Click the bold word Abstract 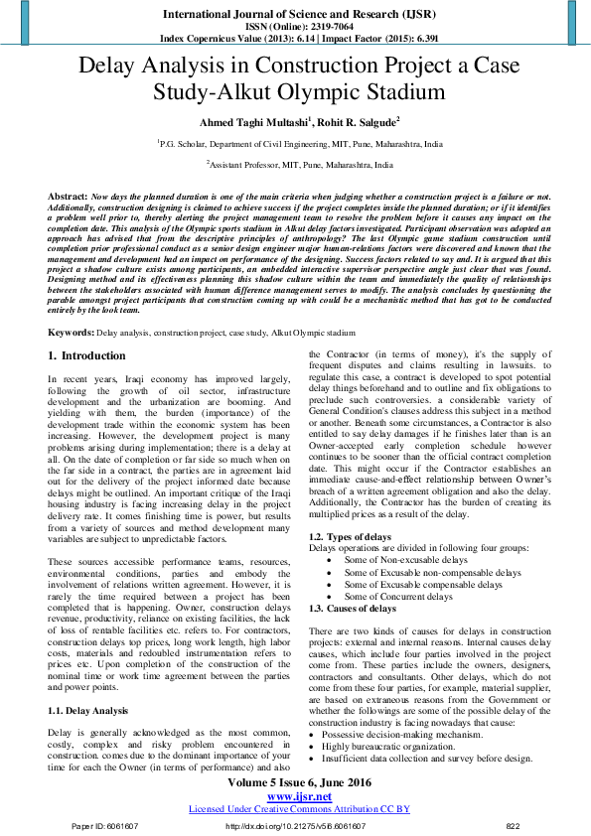pyautogui.click(x=67, y=199)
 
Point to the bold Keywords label pyautogui.click(x=72, y=332)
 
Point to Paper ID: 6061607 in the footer pyautogui.click(x=103, y=826)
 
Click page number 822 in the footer pyautogui.click(x=513, y=826)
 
